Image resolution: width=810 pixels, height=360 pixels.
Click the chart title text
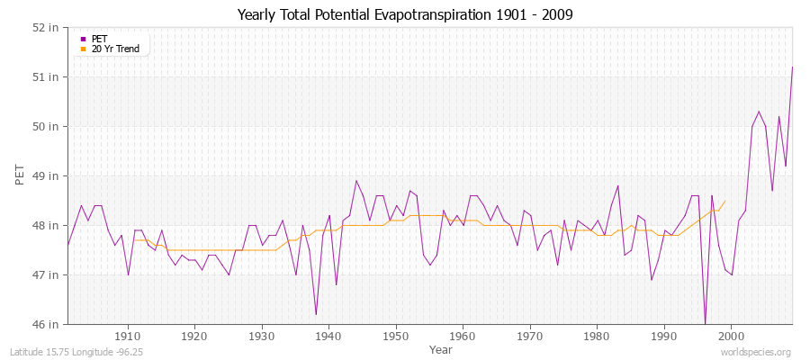(x=404, y=14)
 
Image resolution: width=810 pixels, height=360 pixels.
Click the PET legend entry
(x=99, y=39)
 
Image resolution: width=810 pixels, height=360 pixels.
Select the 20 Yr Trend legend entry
(x=116, y=49)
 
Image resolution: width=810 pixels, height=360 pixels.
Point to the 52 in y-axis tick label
(x=48, y=27)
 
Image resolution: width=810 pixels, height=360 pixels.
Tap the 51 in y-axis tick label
(x=48, y=76)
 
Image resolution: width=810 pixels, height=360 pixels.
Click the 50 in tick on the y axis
(x=48, y=126)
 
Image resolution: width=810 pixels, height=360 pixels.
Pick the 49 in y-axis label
(x=48, y=175)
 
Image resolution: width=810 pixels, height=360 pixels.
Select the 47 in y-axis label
(x=48, y=274)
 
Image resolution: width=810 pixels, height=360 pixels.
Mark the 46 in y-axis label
(x=48, y=324)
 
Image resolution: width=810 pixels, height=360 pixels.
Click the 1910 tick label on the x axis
(x=128, y=337)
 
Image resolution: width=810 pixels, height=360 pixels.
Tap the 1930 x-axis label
(x=262, y=337)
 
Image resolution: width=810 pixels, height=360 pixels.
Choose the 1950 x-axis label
(x=396, y=337)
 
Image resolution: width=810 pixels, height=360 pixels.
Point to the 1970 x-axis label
(x=530, y=337)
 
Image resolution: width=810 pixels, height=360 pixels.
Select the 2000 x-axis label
(x=731, y=337)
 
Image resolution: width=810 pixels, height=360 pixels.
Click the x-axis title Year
(x=441, y=348)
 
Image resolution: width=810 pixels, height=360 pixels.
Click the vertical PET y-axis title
(x=20, y=175)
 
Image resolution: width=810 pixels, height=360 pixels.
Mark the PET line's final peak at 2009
(x=792, y=67)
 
